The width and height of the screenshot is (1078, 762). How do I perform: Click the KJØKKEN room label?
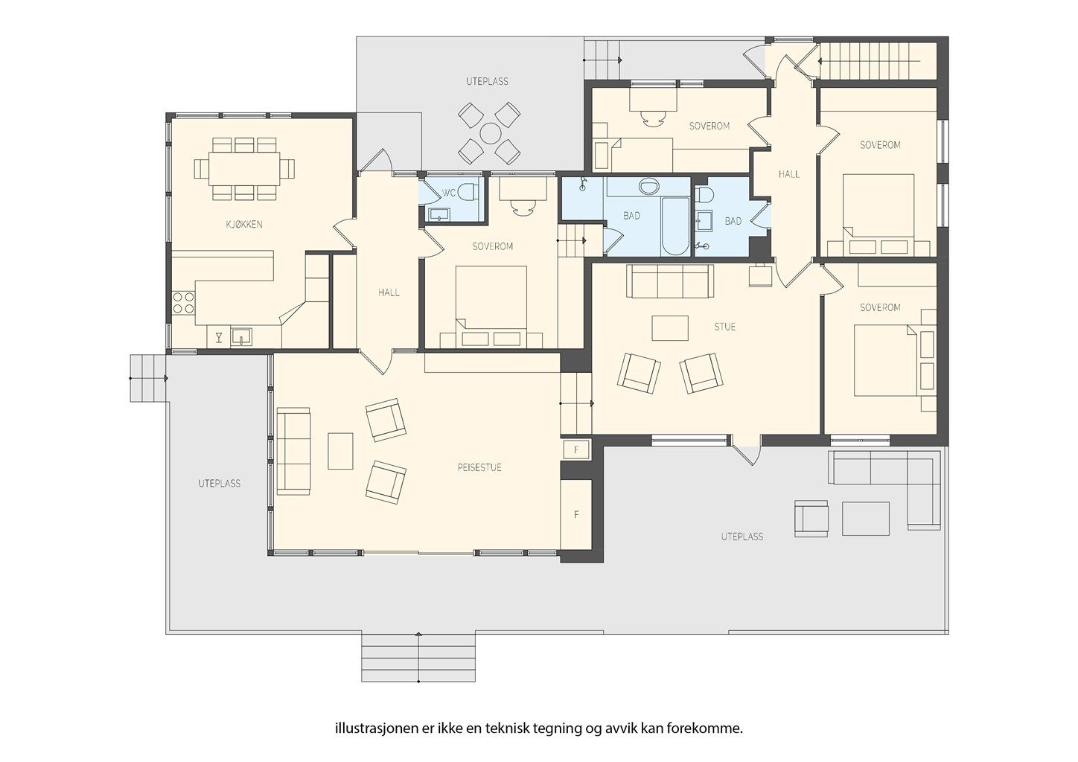pos(244,224)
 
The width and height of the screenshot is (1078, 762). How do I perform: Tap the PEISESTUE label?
pos(479,467)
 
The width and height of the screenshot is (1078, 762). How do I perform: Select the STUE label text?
pos(725,327)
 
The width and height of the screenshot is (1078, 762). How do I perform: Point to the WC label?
pos(448,193)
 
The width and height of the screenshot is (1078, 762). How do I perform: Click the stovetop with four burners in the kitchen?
pos(183,303)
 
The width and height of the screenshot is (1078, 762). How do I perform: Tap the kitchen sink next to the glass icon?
pos(241,336)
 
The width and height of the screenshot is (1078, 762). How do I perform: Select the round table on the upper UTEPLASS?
pos(489,133)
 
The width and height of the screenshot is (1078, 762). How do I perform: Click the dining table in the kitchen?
pos(244,168)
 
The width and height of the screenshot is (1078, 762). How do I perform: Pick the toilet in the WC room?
pos(468,193)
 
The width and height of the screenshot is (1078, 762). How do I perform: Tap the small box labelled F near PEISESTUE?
pos(575,450)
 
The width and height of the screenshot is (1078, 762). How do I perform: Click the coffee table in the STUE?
pos(670,328)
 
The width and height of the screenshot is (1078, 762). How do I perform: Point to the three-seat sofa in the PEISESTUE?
pos(293,451)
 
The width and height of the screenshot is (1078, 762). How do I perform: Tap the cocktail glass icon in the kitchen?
pos(219,337)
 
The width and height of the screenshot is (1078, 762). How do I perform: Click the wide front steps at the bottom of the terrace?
pos(418,658)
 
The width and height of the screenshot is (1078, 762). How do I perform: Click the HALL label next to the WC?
pos(389,292)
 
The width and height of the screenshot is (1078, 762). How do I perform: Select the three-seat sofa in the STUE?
pos(670,281)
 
